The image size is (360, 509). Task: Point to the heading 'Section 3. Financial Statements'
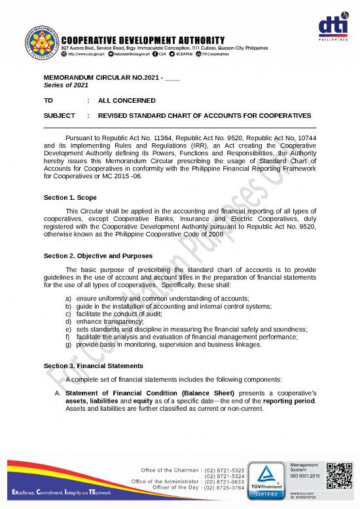point(94,365)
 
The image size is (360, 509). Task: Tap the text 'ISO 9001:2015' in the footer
point(305,476)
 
